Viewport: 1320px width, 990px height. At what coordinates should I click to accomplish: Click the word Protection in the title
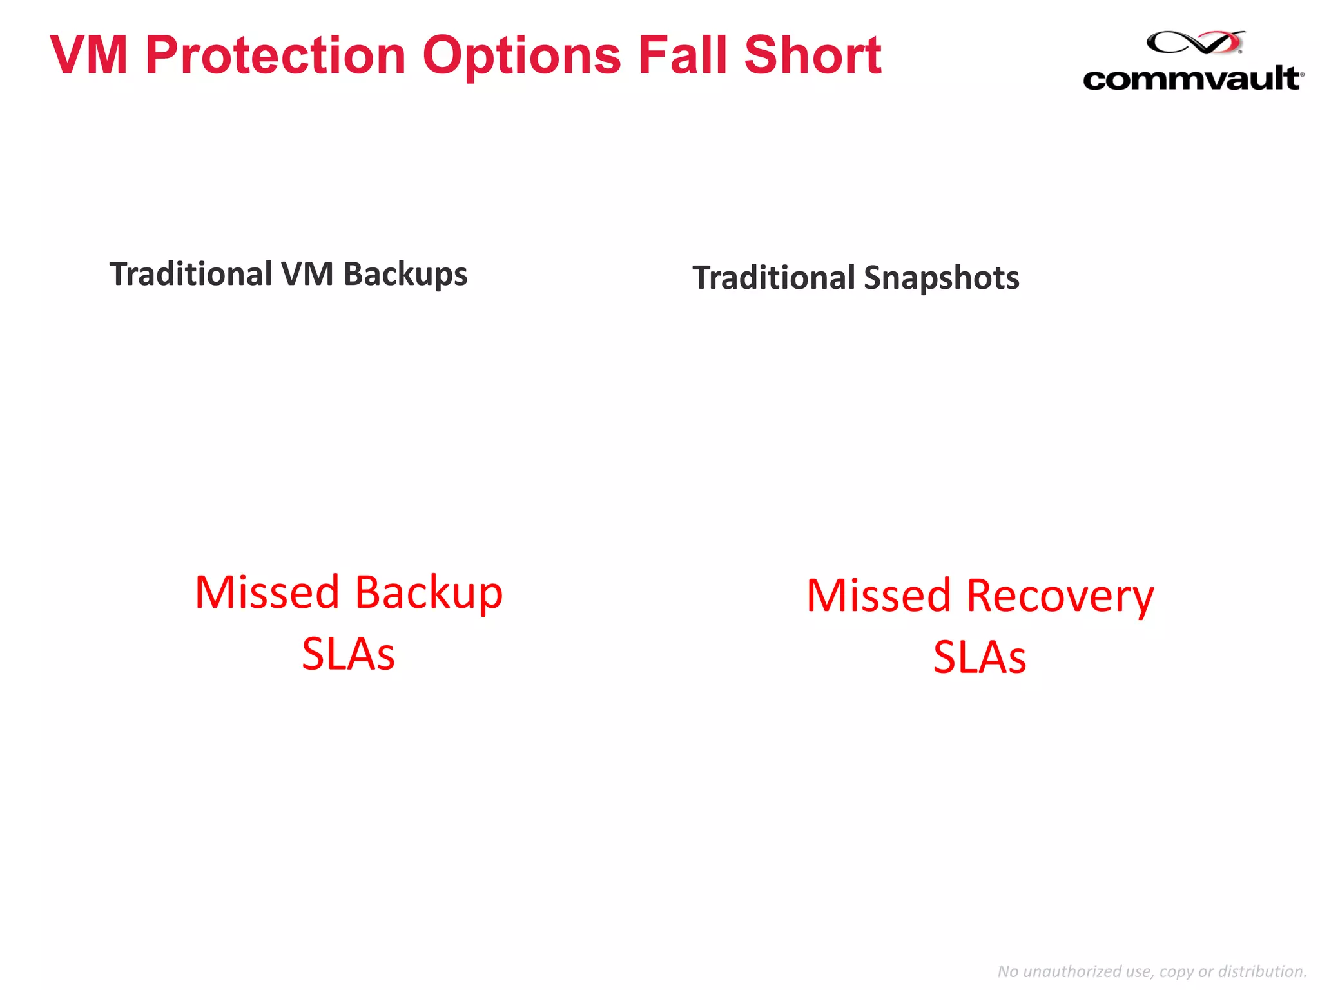(x=275, y=56)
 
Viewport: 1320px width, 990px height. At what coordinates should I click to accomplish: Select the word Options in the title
(x=521, y=56)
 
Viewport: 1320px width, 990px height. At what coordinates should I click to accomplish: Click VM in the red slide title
(x=89, y=55)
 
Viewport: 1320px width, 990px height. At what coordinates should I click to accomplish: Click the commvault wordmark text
(x=1192, y=79)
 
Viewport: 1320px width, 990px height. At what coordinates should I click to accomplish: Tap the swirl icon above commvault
(x=1196, y=43)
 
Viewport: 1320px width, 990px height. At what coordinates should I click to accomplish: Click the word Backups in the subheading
(x=405, y=275)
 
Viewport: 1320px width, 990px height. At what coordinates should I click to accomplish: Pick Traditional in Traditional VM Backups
(x=191, y=274)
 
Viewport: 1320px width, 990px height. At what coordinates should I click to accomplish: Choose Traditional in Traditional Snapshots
(x=773, y=278)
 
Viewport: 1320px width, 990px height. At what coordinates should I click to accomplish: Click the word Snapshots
(x=941, y=278)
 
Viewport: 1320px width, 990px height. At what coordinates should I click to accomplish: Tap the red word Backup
(x=429, y=593)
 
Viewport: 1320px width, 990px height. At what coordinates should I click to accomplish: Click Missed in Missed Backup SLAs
(x=267, y=592)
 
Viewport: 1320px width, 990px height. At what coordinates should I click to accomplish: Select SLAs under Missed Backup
(x=348, y=654)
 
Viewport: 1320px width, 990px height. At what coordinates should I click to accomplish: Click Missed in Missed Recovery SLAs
(x=878, y=596)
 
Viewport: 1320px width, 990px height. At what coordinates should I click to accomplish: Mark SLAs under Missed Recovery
(x=980, y=657)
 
